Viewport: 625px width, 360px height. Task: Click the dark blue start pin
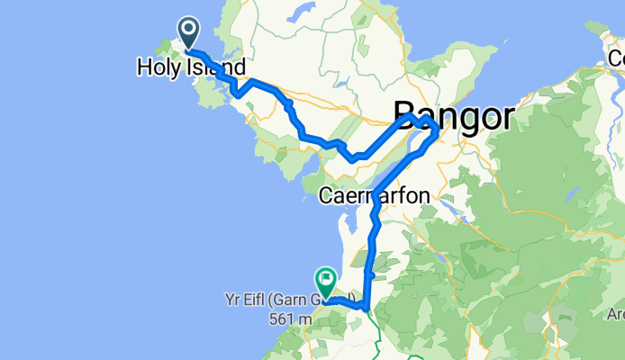[x=190, y=32]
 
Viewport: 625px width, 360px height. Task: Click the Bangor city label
[x=453, y=116]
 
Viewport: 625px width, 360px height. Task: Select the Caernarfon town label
[x=376, y=194]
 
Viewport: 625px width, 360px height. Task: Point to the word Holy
[x=159, y=67]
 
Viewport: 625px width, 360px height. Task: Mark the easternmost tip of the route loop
[x=438, y=132]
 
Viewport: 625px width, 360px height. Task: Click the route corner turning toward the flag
[x=364, y=306]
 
